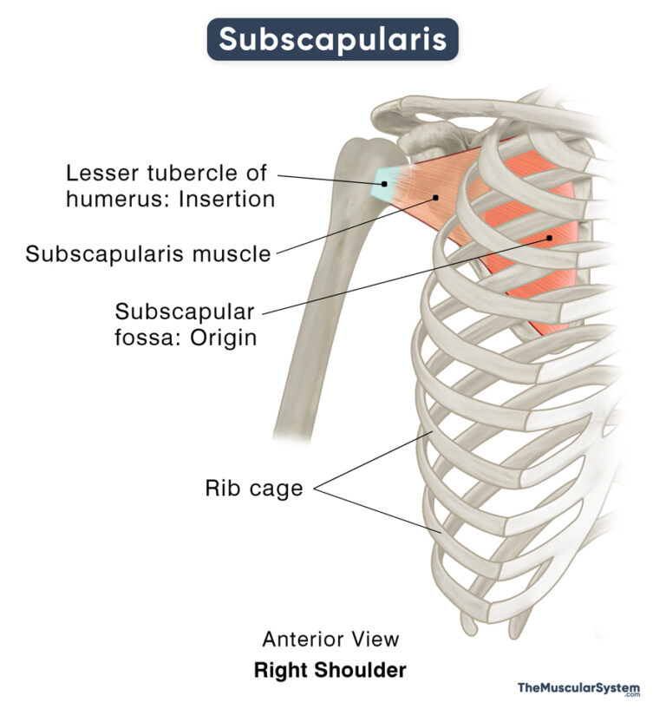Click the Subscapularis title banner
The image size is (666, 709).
(x=332, y=39)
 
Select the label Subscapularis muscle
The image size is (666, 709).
(x=147, y=254)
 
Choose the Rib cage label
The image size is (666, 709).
(x=253, y=489)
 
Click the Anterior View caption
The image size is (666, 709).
(x=330, y=640)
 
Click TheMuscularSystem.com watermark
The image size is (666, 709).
(x=578, y=689)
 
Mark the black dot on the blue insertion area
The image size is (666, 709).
(x=382, y=184)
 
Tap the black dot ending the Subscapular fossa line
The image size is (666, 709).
(x=549, y=237)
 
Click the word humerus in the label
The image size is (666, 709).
(x=105, y=199)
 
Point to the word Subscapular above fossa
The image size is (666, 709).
(x=184, y=311)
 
